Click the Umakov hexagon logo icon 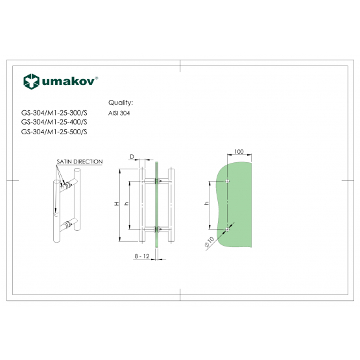click(x=31, y=82)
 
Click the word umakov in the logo click(x=68, y=82)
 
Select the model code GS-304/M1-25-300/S click(x=54, y=113)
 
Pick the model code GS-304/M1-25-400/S click(x=54, y=122)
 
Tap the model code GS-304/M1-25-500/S click(x=54, y=132)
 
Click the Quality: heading click(x=121, y=102)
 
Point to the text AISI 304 click(x=119, y=113)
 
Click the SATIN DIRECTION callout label click(x=80, y=162)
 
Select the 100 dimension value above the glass click(x=239, y=152)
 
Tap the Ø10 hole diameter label click(x=209, y=242)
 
